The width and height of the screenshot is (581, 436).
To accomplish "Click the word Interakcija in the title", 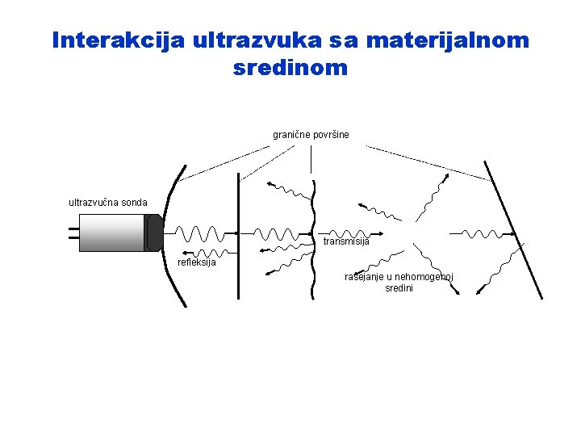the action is pyautogui.click(x=119, y=40).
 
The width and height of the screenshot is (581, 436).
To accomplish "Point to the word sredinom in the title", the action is pyautogui.click(x=290, y=69).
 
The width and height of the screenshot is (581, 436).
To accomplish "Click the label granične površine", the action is pyautogui.click(x=311, y=134).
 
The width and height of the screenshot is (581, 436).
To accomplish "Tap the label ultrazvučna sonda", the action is pyautogui.click(x=108, y=203).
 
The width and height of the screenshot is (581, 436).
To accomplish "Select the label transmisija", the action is pyautogui.click(x=346, y=241).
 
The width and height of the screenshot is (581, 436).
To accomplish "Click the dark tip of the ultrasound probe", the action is pyautogui.click(x=154, y=233).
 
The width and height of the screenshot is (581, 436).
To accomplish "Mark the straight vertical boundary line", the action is pyautogui.click(x=238, y=234).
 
